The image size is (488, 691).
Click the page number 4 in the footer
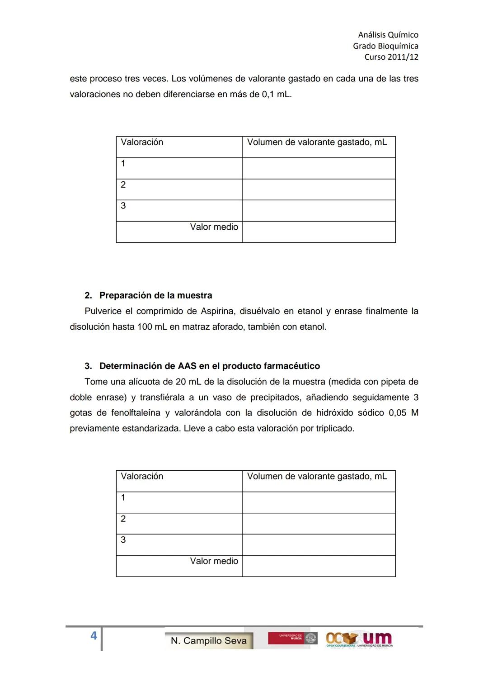point(94,636)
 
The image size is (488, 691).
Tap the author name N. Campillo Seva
point(209,641)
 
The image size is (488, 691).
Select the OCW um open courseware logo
point(359,639)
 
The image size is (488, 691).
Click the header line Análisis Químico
point(388,35)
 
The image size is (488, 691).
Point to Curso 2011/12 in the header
point(391,57)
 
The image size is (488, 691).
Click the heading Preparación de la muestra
point(155,296)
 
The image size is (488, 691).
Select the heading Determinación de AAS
point(209,366)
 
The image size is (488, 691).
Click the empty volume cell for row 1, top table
point(319,168)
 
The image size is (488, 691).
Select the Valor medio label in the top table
point(214,227)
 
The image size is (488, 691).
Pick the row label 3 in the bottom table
point(123,540)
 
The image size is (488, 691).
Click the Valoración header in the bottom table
point(142,476)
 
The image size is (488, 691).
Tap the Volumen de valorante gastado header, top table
point(317,142)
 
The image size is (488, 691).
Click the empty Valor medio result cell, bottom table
point(319,566)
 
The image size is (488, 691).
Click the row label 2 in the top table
point(123,185)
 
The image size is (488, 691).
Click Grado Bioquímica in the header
point(385,46)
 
